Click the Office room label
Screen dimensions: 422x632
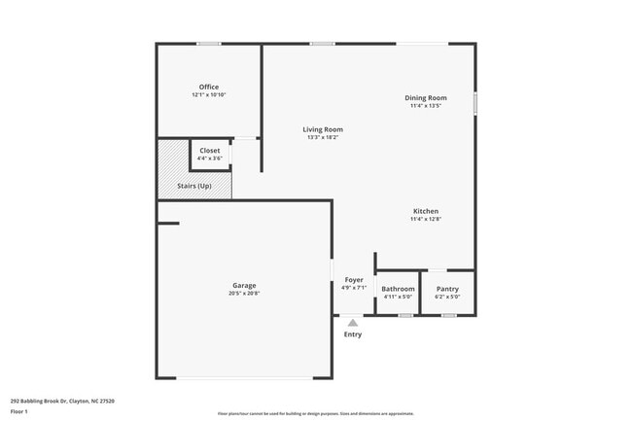pyautogui.click(x=209, y=88)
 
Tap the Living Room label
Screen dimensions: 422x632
pyautogui.click(x=323, y=129)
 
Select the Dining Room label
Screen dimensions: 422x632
pyautogui.click(x=426, y=97)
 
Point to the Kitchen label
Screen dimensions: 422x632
pyautogui.click(x=426, y=211)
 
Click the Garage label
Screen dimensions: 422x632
pyautogui.click(x=244, y=285)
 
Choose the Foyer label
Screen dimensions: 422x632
pyautogui.click(x=353, y=280)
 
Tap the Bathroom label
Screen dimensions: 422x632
pyautogui.click(x=399, y=289)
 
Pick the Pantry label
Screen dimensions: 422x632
pyautogui.click(x=447, y=289)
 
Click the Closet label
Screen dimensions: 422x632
pyautogui.click(x=210, y=151)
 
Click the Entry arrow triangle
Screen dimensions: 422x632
pyautogui.click(x=353, y=323)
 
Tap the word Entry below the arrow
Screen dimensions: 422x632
pyautogui.click(x=353, y=334)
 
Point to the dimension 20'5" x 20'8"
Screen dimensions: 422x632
pyautogui.click(x=244, y=293)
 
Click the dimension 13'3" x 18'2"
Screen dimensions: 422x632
pyautogui.click(x=323, y=137)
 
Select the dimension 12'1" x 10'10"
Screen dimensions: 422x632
pyautogui.click(x=209, y=94)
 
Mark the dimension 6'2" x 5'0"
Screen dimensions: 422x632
pyautogui.click(x=447, y=297)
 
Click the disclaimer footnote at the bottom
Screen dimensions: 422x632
pyautogui.click(x=315, y=413)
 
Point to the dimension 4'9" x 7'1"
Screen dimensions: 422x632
pyautogui.click(x=353, y=288)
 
